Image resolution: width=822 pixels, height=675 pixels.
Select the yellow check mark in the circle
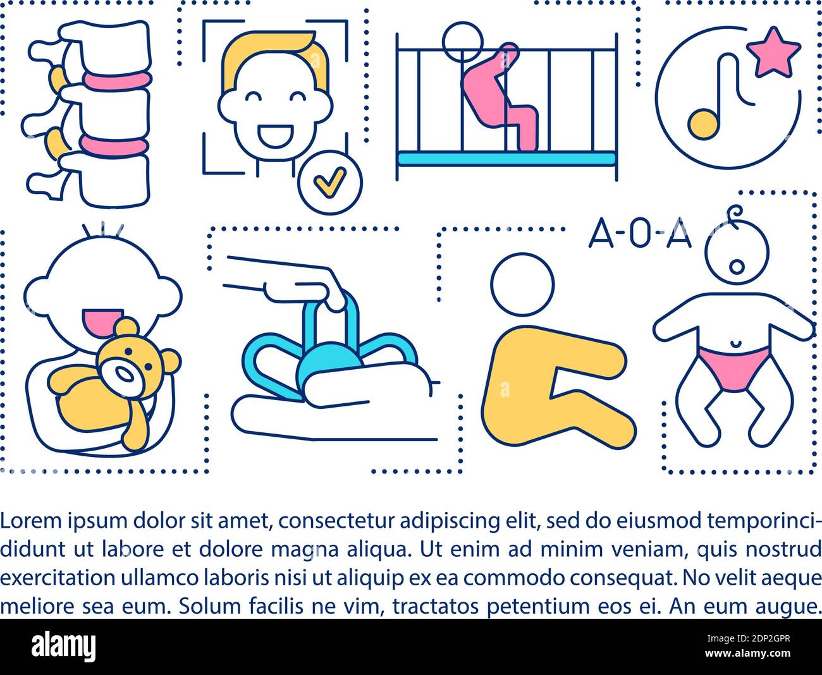329,181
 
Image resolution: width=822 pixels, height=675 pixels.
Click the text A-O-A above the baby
640,235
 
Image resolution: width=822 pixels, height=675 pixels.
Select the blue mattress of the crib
506,158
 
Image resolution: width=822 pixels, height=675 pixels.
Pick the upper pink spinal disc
117,80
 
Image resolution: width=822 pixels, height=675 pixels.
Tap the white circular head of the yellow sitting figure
522,284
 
